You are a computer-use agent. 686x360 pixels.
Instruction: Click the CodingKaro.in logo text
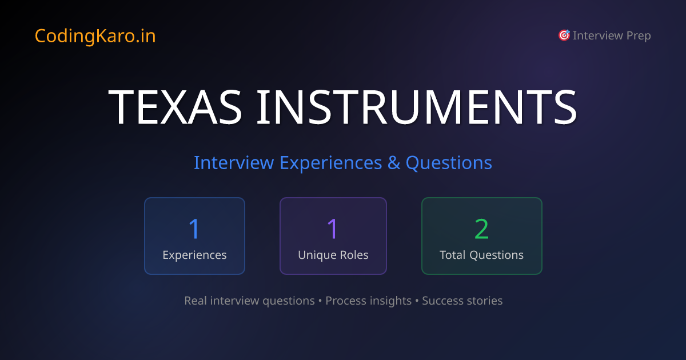(95, 36)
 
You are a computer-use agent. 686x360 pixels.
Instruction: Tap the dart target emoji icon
(564, 35)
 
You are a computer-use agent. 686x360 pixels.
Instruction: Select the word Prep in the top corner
(638, 36)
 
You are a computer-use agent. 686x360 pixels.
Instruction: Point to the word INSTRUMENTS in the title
(416, 107)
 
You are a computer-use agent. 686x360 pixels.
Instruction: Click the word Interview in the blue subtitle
(233, 163)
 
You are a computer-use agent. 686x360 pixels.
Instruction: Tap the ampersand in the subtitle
(394, 163)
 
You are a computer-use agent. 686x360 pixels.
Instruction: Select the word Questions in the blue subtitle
(449, 163)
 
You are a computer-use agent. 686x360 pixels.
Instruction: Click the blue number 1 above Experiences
(194, 229)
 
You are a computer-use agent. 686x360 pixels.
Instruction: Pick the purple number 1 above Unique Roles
(333, 229)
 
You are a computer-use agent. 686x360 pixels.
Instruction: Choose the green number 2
(481, 229)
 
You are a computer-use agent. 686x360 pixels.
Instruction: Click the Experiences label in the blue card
(194, 255)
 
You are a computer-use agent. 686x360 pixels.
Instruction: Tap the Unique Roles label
(333, 255)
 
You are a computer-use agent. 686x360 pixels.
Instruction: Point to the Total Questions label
(481, 255)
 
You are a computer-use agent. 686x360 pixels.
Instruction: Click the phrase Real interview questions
(249, 301)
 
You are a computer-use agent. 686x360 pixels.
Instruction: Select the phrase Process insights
(368, 301)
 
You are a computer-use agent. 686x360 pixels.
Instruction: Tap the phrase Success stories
(462, 301)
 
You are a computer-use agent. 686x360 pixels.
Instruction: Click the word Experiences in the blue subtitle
(330, 163)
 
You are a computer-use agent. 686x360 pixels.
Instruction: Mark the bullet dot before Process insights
(320, 301)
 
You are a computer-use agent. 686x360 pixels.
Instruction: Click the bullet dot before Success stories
(417, 301)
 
